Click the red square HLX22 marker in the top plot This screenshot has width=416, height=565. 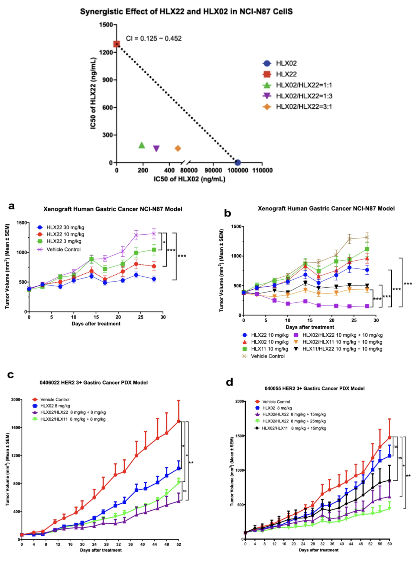tap(117, 44)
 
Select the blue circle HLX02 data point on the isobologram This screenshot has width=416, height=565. tap(238, 162)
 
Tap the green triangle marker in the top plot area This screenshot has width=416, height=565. tap(142, 145)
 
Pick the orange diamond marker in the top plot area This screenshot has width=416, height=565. tap(178, 148)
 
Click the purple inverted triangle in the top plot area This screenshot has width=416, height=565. tap(156, 148)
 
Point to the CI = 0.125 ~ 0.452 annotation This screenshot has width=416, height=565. tap(154, 38)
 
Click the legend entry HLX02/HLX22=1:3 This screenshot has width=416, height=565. tap(304, 96)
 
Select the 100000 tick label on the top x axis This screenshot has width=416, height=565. tap(238, 170)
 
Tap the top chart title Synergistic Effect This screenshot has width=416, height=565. tap(186, 12)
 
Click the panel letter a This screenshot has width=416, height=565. tap(12, 206)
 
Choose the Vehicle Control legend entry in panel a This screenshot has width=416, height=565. tap(63, 249)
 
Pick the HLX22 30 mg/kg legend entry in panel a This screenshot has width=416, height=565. tap(65, 227)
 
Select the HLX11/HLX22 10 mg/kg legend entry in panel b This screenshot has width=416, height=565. tap(342, 349)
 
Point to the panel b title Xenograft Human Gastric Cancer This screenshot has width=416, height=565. tap(326, 208)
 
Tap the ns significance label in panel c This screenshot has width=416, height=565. tap(185, 491)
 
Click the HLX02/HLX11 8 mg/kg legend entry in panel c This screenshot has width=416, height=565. tap(73, 419)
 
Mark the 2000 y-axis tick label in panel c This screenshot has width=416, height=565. tap(16, 399)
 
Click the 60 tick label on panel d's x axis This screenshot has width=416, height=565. tap(389, 544)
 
